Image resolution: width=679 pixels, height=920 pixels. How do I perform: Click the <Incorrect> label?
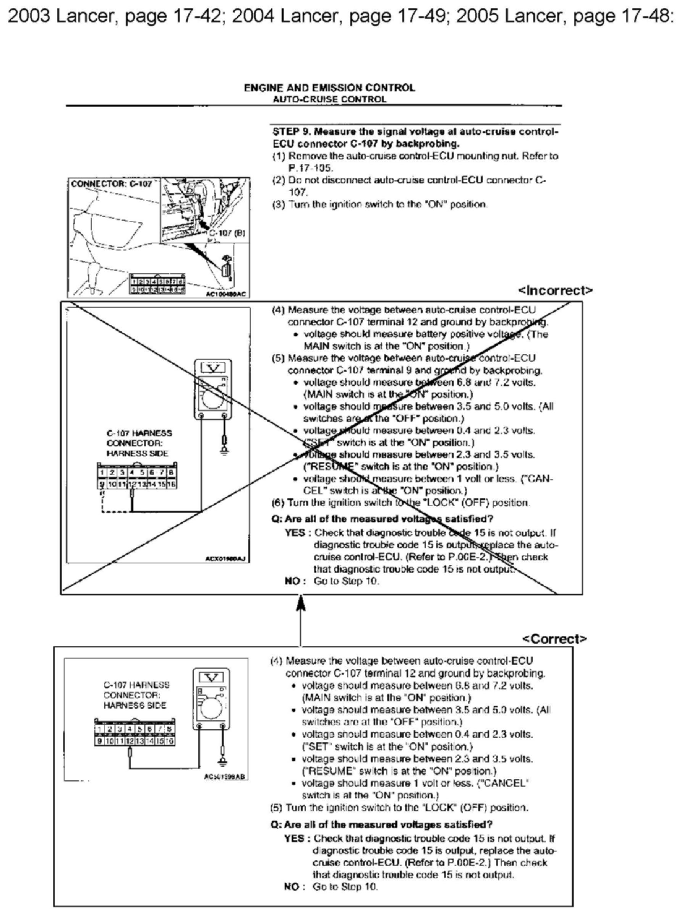pos(555,290)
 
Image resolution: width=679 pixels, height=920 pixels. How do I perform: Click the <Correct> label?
pos(554,639)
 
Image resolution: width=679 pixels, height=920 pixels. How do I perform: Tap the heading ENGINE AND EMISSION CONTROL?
pos(329,88)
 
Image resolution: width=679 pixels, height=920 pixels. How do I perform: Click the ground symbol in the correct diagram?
pos(222,764)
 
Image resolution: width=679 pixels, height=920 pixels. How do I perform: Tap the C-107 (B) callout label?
pos(227,233)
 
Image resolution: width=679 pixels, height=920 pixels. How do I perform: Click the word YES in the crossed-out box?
pos(295,533)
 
